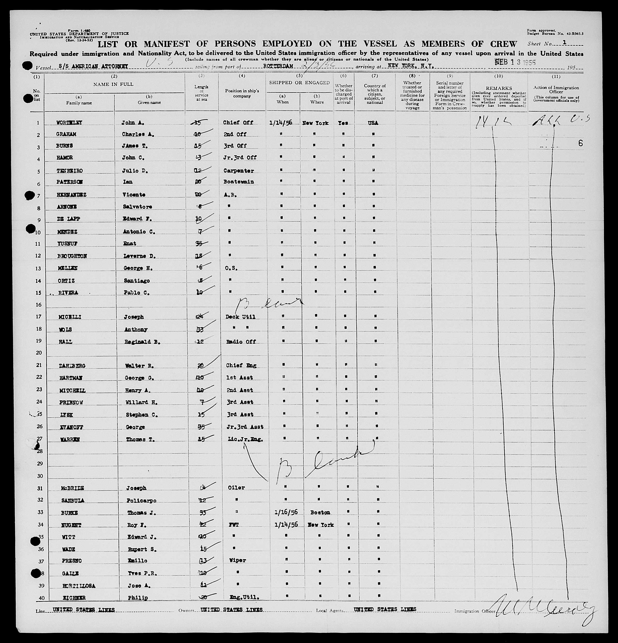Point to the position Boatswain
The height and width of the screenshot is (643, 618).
coord(239,182)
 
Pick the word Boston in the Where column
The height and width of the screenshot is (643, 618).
coord(320,512)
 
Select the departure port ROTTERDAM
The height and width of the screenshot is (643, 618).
coord(278,66)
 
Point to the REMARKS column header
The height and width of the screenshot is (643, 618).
coord(499,88)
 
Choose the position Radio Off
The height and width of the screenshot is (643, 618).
coord(241,341)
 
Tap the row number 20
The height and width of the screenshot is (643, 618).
coord(39,353)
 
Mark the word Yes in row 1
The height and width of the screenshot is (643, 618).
coord(343,123)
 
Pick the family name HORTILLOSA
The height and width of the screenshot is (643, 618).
coord(79,586)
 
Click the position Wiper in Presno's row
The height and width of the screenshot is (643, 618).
coord(238,560)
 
